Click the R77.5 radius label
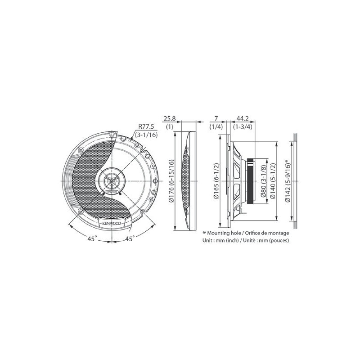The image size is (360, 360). coord(146,126)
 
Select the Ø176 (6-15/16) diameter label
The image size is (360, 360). coord(171,181)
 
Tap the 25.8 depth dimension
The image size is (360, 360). coord(170,118)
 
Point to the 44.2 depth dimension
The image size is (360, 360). coord(243,118)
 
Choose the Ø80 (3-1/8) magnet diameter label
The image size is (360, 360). coord(263,181)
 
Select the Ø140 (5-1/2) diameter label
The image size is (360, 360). coord(273,181)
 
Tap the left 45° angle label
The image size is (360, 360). coord(92,239)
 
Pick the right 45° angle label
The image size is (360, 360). coord(130,239)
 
